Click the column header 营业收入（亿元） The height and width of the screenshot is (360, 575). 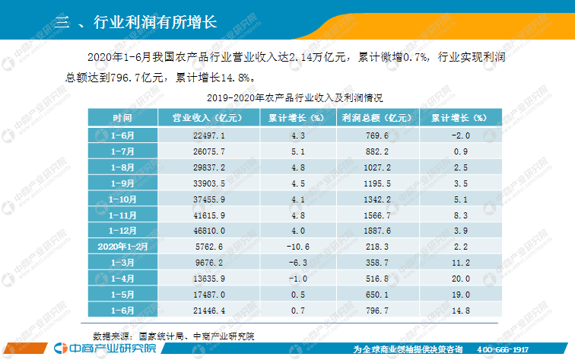point(207,118)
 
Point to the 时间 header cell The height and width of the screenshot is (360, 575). point(122,118)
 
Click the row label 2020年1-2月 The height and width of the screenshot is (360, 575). point(122,247)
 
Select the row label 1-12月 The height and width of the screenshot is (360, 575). point(122,229)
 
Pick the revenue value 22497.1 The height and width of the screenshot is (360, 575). point(207,135)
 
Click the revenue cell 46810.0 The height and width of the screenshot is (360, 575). point(207,229)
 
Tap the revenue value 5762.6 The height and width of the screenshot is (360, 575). point(207,247)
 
